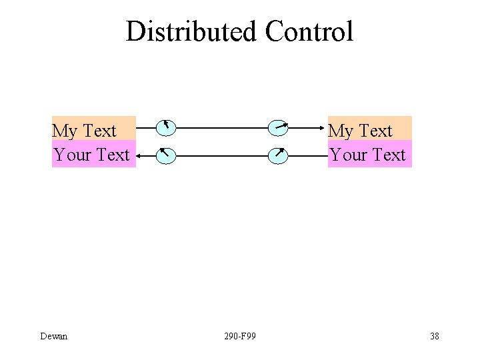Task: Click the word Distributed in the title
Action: coord(191,31)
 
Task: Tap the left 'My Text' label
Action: coord(84,130)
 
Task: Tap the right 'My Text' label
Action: coord(360,130)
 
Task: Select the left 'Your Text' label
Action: coord(91,155)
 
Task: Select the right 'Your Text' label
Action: coord(367,155)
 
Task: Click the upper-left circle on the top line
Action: coord(166,126)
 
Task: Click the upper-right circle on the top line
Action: coord(278,126)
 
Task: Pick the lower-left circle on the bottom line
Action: coord(166,156)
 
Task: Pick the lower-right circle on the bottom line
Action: coord(278,156)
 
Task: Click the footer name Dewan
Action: coord(53,336)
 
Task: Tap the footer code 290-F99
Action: coord(240,336)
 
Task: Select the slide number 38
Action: coord(435,336)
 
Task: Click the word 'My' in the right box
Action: coord(341,130)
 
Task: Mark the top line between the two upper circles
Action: coord(222,126)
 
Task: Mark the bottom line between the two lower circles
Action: coord(222,156)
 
